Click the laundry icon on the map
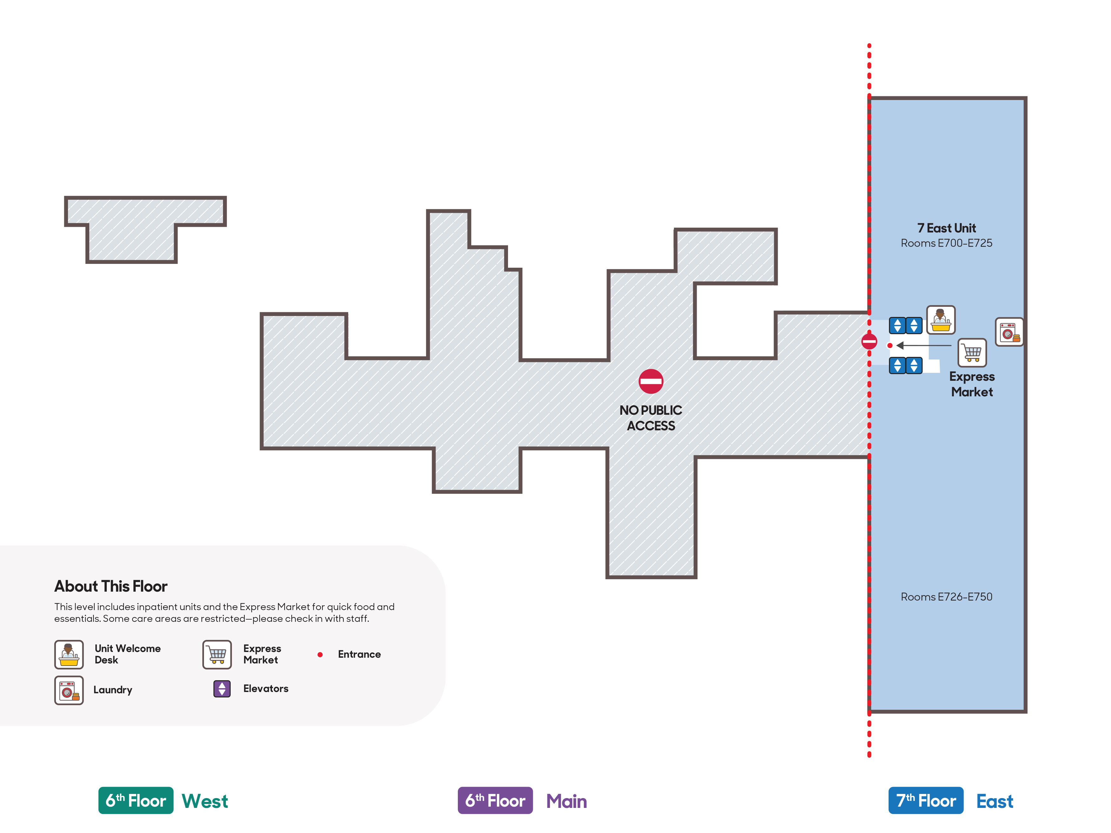[x=1009, y=332]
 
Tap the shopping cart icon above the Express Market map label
[x=972, y=353]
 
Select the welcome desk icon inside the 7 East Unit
[x=941, y=320]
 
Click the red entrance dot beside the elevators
[x=890, y=346]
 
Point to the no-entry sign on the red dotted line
[x=870, y=341]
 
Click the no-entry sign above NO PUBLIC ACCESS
[x=651, y=382]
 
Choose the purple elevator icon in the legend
[x=222, y=689]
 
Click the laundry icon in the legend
[x=69, y=690]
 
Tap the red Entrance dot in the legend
[x=320, y=654]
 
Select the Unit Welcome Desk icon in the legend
[x=69, y=654]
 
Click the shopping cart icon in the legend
[x=217, y=654]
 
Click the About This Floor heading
[x=111, y=586]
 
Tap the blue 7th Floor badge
[x=926, y=800]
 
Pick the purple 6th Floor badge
[x=495, y=800]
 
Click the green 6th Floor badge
[x=136, y=800]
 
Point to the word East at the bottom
[x=994, y=801]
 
